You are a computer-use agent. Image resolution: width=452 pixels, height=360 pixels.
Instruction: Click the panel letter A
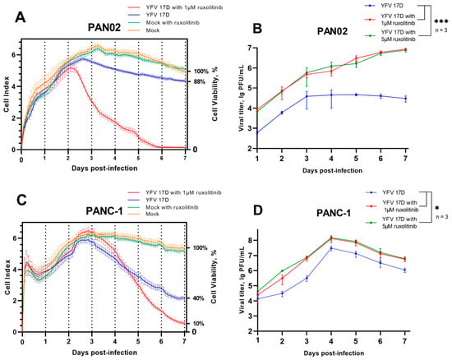(x=21, y=18)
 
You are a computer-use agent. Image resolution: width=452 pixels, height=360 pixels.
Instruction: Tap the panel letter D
(x=258, y=210)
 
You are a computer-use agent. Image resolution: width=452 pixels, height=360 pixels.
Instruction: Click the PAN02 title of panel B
(x=332, y=31)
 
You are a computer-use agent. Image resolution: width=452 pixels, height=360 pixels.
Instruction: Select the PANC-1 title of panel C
(x=104, y=211)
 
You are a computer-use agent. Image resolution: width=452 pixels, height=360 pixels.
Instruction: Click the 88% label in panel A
(x=199, y=82)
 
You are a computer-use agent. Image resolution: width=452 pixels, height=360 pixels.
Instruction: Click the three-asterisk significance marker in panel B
(x=441, y=21)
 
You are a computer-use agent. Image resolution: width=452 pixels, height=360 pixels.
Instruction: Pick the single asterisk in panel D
(x=437, y=208)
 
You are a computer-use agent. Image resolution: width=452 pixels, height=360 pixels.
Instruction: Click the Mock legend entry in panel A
(x=153, y=30)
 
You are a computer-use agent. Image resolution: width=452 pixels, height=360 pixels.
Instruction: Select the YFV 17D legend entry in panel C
(x=158, y=200)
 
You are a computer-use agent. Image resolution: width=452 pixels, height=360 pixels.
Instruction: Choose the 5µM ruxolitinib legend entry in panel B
(x=398, y=35)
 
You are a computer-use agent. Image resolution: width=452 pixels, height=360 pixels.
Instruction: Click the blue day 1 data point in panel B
(x=257, y=132)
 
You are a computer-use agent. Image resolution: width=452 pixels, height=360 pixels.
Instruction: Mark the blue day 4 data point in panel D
(x=331, y=248)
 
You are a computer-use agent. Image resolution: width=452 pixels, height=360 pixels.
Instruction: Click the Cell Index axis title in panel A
(x=7, y=95)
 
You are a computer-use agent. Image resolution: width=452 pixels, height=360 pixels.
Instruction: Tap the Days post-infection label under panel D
(x=334, y=353)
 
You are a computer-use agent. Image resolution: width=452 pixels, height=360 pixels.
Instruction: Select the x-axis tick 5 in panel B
(x=356, y=159)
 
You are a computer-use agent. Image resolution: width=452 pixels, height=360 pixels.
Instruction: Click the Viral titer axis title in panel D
(x=242, y=280)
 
